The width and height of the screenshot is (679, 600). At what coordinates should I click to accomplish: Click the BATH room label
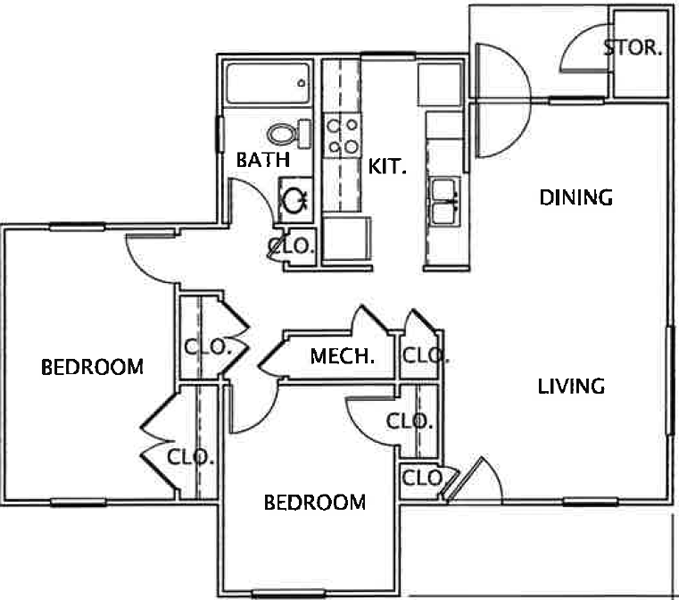tap(263, 160)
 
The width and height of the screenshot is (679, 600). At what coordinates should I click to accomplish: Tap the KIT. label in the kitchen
tap(387, 166)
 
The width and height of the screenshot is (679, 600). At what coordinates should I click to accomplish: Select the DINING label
tap(576, 197)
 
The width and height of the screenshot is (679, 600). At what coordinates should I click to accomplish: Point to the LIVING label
tap(571, 386)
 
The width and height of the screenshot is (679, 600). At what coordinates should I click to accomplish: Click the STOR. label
tap(633, 48)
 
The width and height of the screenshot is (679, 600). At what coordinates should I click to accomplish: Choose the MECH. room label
tap(342, 356)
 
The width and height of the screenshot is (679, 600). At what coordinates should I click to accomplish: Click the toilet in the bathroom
tap(289, 133)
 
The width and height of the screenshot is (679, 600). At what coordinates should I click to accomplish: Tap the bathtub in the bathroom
tap(268, 84)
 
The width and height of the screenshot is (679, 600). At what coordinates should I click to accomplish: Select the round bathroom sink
tap(295, 200)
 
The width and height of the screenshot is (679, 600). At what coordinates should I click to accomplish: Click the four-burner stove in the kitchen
tap(342, 134)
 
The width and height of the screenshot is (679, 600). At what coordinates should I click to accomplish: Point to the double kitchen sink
tap(445, 202)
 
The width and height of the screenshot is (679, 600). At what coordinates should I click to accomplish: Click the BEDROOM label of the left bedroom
tap(92, 367)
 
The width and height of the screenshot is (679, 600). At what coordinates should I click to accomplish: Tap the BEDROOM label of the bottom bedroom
tap(315, 503)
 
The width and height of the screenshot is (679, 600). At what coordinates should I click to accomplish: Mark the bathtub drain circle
tap(301, 83)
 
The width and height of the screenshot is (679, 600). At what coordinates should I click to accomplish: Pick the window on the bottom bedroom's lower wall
tap(288, 594)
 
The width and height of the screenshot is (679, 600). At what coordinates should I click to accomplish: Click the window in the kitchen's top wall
tap(388, 55)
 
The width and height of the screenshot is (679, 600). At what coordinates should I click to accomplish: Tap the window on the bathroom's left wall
tap(220, 134)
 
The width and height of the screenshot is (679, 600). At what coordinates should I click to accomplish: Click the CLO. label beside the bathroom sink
tap(291, 246)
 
